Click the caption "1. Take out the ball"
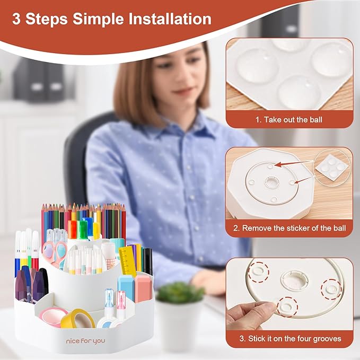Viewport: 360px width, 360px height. [288, 120]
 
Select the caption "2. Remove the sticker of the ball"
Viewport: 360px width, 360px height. [294, 228]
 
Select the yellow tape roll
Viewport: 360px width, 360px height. [77, 320]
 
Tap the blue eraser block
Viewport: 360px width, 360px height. [126, 287]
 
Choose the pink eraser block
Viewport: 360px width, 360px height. [143, 288]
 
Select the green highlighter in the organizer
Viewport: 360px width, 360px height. [82, 230]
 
